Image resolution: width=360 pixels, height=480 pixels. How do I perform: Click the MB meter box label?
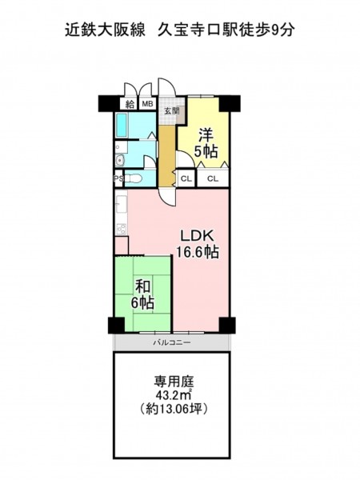tap(148, 104)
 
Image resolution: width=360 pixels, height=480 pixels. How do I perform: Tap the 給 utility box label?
tap(130, 104)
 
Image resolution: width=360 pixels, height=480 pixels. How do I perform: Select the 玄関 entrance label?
tap(171, 111)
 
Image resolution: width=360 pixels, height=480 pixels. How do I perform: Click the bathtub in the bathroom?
tap(122, 126)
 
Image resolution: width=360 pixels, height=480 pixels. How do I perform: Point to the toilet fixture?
tap(134, 178)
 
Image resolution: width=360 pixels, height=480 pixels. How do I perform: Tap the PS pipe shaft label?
tap(118, 178)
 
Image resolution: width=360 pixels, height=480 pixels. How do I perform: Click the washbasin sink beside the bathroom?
tap(120, 160)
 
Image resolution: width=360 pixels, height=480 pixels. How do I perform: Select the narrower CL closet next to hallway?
tap(186, 178)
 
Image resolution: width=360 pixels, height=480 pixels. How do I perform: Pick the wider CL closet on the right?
tap(213, 178)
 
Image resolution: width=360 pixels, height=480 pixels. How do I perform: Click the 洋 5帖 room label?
tap(206, 143)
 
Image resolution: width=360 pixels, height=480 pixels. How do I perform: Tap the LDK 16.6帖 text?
tap(197, 244)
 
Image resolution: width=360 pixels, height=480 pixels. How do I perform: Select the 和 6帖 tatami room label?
tap(143, 294)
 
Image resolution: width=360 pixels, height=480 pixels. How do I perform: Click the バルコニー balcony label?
tap(172, 342)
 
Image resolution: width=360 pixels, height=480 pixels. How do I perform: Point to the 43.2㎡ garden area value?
tap(174, 395)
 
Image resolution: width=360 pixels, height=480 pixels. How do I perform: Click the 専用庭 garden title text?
tap(174, 382)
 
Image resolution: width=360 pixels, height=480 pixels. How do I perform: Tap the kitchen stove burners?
tap(122, 229)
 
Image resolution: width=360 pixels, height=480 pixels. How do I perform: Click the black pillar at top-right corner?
tap(230, 103)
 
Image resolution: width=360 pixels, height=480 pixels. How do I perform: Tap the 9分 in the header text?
tap(283, 30)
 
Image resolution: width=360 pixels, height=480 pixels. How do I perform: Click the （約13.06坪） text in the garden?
tap(174, 409)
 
